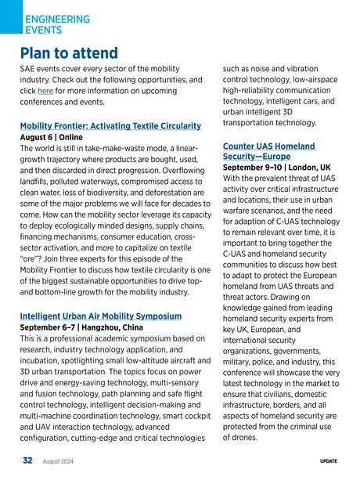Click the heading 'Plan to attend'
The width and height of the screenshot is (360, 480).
[69, 53]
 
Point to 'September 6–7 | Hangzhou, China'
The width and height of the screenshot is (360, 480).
[81, 328]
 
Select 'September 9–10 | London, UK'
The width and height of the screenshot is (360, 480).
[276, 168]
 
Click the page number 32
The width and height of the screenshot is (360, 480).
[27, 462]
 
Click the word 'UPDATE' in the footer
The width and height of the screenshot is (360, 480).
[329, 463]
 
